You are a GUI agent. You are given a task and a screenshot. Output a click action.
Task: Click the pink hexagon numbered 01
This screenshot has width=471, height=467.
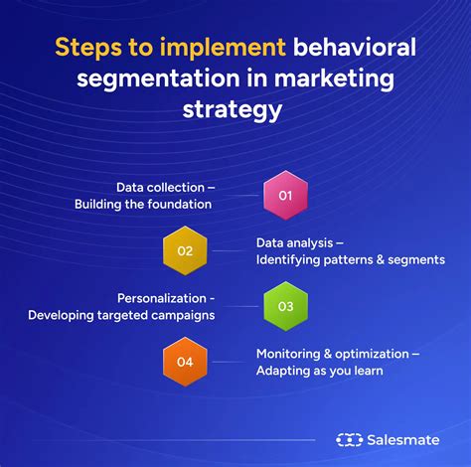click(285, 196)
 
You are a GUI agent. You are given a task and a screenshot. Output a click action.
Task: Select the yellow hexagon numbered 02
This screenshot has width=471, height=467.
click(186, 250)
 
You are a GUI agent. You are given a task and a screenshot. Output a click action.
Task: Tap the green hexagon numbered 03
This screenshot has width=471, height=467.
click(285, 306)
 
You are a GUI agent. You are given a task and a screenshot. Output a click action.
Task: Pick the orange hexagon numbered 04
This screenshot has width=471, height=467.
click(186, 362)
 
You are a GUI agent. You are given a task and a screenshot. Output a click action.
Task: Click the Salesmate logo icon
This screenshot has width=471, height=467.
click(350, 439)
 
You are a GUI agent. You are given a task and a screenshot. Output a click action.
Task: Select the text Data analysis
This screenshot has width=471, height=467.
click(295, 242)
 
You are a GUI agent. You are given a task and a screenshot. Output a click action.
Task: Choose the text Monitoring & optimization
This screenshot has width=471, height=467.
click(336, 354)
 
